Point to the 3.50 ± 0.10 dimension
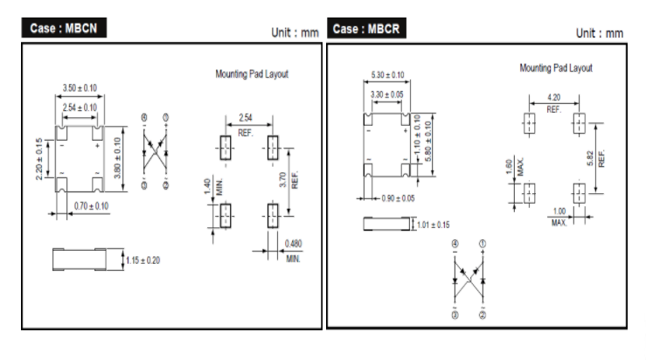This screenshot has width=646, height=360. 80,88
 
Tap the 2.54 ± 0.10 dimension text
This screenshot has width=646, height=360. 80,107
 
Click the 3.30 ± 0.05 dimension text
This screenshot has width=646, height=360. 386,93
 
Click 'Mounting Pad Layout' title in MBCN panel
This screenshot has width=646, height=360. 252,75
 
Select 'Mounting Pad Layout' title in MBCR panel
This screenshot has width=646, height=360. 556,67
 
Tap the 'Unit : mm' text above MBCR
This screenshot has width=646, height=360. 599,32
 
